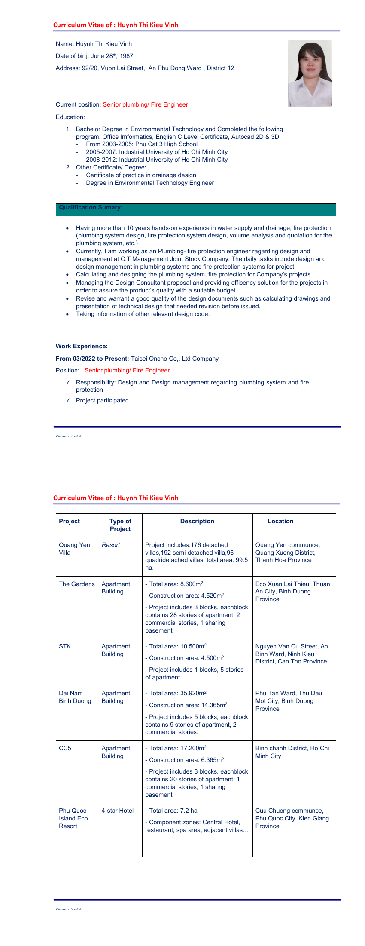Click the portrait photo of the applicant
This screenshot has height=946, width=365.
point(310,74)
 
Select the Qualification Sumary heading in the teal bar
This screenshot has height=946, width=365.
point(91,208)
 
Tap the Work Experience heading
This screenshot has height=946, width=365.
point(82,346)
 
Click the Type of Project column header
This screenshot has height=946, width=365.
point(120,525)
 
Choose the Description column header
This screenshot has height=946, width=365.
point(197,521)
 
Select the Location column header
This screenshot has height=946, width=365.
point(280,521)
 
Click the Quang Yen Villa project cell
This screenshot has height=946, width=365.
point(74,549)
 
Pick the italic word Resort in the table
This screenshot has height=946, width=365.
point(111,545)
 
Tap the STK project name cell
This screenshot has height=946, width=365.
point(65,646)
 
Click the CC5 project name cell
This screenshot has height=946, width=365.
point(65,748)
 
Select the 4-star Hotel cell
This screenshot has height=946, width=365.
point(118,811)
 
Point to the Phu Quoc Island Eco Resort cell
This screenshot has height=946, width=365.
point(73,818)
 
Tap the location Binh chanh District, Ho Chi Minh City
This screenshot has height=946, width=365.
point(292,752)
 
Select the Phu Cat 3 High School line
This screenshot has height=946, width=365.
point(142,144)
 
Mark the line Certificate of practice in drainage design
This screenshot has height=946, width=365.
point(141,175)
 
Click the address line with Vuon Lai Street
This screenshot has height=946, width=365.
point(145,68)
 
